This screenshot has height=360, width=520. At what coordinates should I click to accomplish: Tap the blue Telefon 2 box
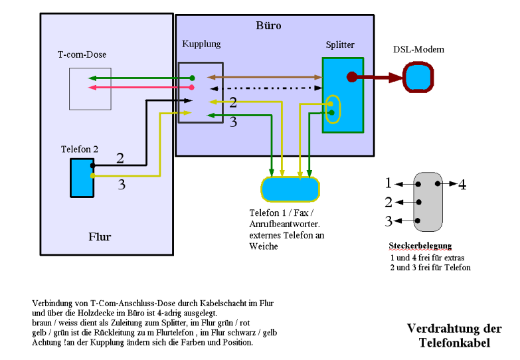pos(82,177)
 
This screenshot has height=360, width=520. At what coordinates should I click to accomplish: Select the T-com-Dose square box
pos(90,88)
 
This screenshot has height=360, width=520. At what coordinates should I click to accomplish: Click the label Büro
pos(268,26)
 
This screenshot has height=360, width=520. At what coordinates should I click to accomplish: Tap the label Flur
pos(100,237)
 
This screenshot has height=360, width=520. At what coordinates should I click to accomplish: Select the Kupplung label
pos(201,44)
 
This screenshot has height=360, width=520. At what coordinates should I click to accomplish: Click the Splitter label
pos(340,45)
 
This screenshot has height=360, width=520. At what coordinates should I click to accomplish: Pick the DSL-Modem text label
pos(418,50)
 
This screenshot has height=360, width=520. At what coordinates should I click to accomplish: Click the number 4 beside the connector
pos(462,185)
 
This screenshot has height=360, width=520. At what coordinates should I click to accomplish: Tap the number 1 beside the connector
pos(389,183)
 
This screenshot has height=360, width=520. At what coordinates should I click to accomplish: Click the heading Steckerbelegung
pos(420,246)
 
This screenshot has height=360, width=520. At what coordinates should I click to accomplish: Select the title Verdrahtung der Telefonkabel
pos(454,335)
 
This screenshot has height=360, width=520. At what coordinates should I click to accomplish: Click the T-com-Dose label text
pos(82,54)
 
